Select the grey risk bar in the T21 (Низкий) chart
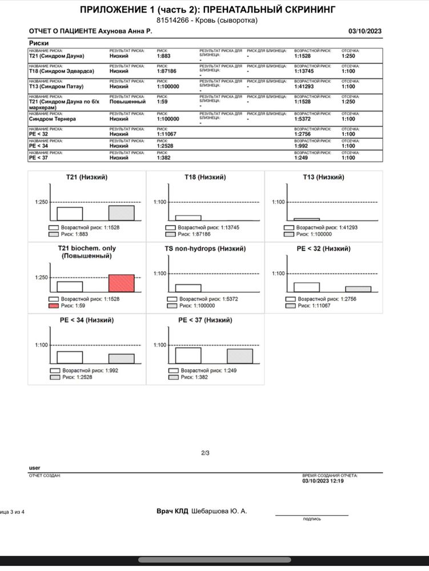pos(121,212)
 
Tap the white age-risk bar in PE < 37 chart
pos(188,355)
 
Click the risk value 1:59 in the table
pos(163,102)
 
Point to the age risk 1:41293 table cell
pos(306,87)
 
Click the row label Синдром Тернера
pos(52,119)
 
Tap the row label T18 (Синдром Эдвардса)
pos(62,71)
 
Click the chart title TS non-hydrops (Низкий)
pos(205,249)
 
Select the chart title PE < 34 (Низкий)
pos(87,320)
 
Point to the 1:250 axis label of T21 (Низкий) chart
pos(42,203)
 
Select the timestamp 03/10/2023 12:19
pos(323,481)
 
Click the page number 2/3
pos(206,453)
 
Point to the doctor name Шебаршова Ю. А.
pos(219,511)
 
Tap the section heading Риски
pos(38,43)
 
